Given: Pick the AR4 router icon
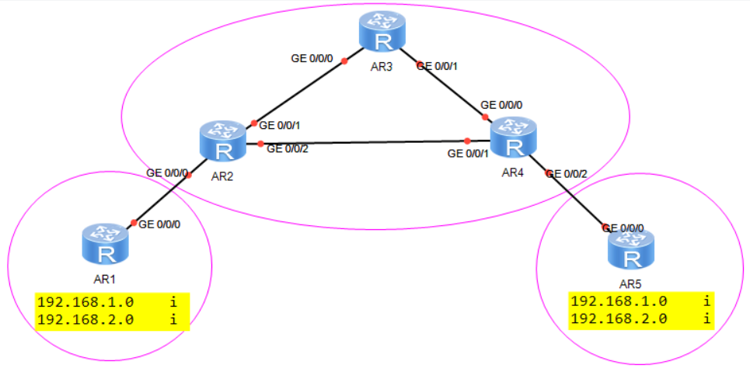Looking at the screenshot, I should [x=514, y=138].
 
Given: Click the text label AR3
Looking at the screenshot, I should [x=381, y=67].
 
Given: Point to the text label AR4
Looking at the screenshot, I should [x=514, y=172].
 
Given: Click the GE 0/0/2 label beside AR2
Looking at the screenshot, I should [x=288, y=149].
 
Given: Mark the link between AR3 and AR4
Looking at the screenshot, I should [x=451, y=90].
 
